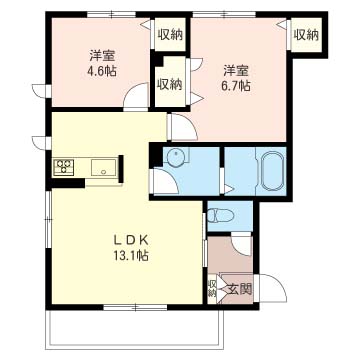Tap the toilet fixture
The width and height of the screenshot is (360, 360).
tap(220, 215)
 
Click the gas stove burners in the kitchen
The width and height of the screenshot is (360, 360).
tap(63, 167)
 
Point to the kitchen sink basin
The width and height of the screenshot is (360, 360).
tap(104, 167)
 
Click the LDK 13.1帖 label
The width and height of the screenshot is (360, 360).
tap(130, 248)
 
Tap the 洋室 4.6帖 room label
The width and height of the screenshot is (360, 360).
tap(102, 64)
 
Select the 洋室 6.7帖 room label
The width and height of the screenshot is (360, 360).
tap(236, 78)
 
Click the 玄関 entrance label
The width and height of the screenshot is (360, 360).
tap(239, 290)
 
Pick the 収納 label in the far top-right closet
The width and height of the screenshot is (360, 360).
tap(306, 35)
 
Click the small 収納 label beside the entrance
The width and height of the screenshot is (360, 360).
tap(212, 288)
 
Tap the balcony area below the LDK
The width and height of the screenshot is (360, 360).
tap(134, 329)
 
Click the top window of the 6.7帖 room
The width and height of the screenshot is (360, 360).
tap(224, 14)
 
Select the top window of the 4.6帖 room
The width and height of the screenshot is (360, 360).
tap(112, 14)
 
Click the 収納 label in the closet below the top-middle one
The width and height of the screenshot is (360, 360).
tap(170, 84)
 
